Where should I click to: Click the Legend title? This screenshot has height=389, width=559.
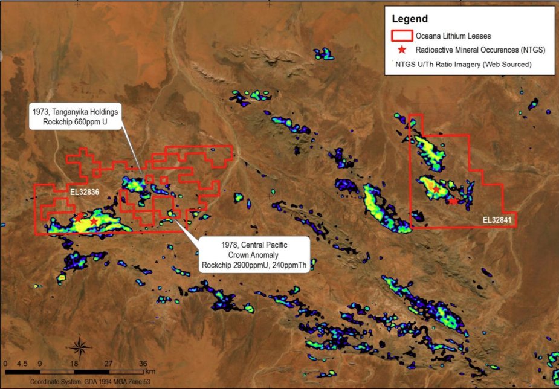(x=411, y=19)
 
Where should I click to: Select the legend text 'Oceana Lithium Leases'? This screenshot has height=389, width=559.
(x=457, y=36)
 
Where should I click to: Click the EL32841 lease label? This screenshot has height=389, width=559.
(x=497, y=220)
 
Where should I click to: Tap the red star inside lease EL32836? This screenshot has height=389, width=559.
(x=94, y=222)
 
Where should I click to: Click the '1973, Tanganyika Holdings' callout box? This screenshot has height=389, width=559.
(x=75, y=116)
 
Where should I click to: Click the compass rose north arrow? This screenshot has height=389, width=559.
(x=79, y=347)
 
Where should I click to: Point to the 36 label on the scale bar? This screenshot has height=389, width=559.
(x=143, y=364)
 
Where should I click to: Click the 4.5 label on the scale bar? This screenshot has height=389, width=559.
(x=22, y=364)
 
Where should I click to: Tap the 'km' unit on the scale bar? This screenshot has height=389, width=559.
(x=150, y=371)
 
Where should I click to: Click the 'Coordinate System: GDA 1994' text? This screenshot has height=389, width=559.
(x=79, y=382)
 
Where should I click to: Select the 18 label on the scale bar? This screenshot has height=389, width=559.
(x=74, y=364)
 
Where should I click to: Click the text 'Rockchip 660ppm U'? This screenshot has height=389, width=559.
(x=76, y=122)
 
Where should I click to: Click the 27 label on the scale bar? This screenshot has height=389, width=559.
(x=108, y=364)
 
